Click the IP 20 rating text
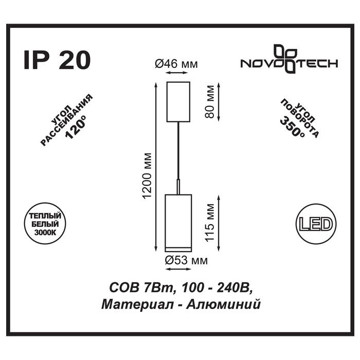pyautogui.click(x=57, y=60)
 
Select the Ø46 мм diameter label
pyautogui.click(x=176, y=64)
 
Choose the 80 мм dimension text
pyautogui.click(x=209, y=102)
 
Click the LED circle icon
pyautogui.click(x=315, y=224)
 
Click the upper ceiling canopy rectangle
pyautogui.click(x=178, y=102)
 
